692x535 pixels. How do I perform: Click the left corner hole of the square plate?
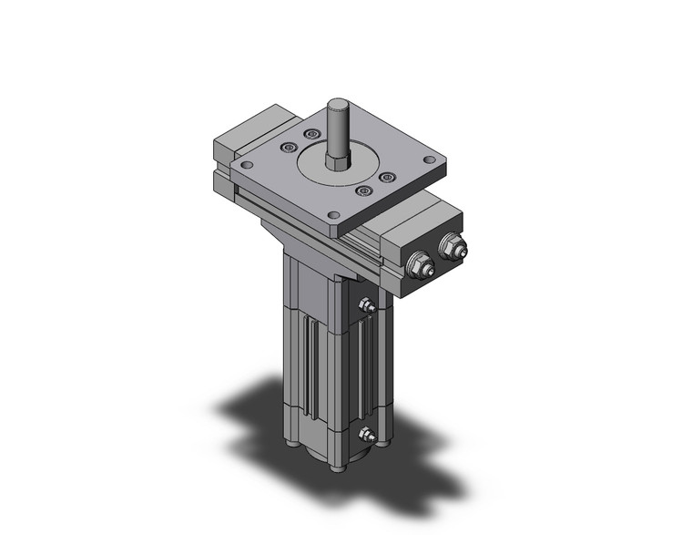tap(245, 165)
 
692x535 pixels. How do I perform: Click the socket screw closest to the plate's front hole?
tap(363, 190)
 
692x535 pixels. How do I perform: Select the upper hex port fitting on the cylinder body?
tap(367, 307)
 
